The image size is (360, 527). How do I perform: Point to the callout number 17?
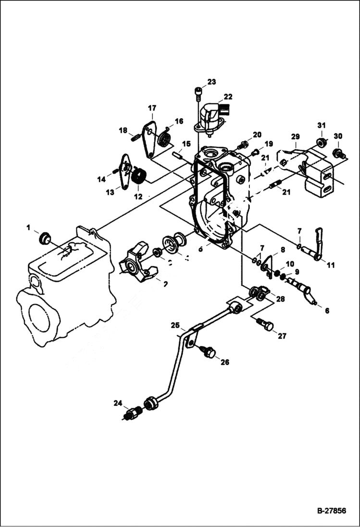(152, 108)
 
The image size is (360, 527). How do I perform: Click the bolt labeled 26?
(209, 353)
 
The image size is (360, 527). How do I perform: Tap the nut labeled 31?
(321, 142)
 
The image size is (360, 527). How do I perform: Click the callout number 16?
(179, 121)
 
